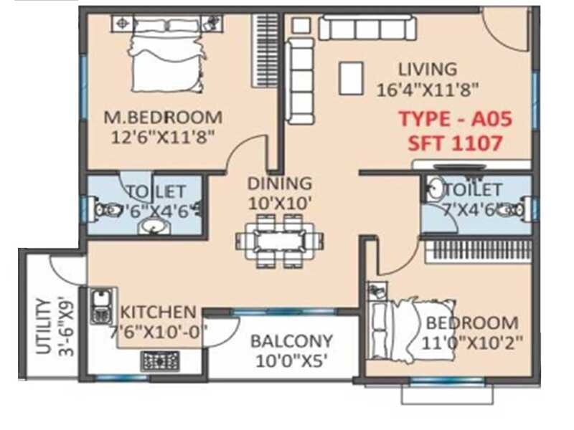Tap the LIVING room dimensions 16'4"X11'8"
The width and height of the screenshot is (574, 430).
tap(428, 90)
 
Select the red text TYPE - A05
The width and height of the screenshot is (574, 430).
tap(455, 120)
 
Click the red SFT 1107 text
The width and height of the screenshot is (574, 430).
tap(455, 143)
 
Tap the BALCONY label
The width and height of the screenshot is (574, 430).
tap(291, 341)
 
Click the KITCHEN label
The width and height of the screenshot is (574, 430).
tap(158, 312)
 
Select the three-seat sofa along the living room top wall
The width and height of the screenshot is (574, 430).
tap(367, 29)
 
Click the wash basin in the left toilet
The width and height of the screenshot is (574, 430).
tap(153, 226)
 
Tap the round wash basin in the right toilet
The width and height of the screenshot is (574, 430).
tap(435, 190)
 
